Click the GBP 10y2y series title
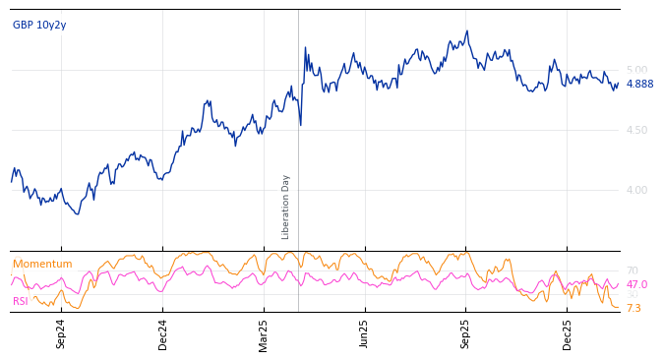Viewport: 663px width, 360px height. click(x=39, y=25)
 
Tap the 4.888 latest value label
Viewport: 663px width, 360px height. click(x=639, y=85)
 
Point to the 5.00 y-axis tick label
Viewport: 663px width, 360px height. click(x=636, y=70)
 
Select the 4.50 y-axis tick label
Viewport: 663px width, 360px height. click(x=636, y=130)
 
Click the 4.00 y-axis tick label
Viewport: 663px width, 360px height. click(x=636, y=190)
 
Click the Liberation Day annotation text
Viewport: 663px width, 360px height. click(x=286, y=207)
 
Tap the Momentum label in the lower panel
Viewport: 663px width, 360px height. click(x=42, y=264)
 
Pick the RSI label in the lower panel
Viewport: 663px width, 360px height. click(x=20, y=301)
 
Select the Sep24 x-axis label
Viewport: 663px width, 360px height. click(x=61, y=334)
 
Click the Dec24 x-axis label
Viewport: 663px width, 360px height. click(x=163, y=334)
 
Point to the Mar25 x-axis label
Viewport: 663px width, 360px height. click(x=264, y=334)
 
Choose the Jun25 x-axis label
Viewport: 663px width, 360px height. click(x=365, y=334)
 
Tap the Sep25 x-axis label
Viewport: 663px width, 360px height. click(x=466, y=334)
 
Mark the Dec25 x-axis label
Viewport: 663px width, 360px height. click(x=568, y=334)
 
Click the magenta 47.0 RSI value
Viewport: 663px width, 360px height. click(x=636, y=284)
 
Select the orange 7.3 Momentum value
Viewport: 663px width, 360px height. click(x=633, y=308)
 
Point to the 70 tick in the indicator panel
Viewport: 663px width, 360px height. click(x=633, y=270)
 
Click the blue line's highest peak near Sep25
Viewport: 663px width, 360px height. click(x=467, y=30)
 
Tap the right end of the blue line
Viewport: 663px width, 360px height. click(x=619, y=84)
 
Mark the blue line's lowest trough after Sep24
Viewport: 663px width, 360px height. click(x=78, y=213)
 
